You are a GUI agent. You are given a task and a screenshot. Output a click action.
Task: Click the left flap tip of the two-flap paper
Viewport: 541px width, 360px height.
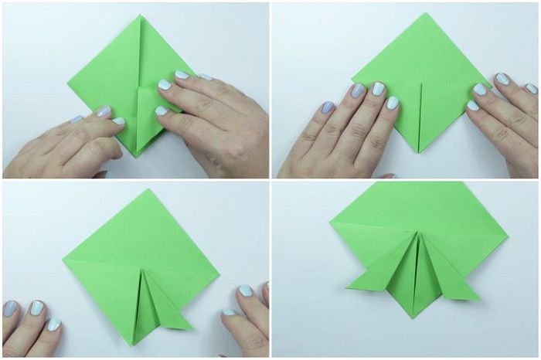click(x=348, y=290)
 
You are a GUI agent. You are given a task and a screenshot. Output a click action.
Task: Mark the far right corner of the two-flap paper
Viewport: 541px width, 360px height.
click(x=508, y=233)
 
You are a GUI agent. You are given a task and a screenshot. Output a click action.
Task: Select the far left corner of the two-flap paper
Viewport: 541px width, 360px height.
click(x=331, y=222)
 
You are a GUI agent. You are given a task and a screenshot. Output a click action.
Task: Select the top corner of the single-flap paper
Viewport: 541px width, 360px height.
click(x=144, y=190)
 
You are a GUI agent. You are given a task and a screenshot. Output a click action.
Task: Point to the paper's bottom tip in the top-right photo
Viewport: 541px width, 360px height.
click(x=420, y=151)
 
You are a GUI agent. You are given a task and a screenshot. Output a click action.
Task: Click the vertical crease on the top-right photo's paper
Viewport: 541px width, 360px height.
click(x=420, y=116)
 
